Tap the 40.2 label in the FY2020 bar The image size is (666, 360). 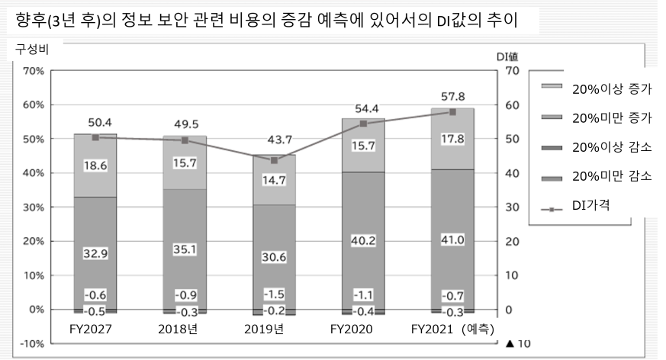coord(363,239)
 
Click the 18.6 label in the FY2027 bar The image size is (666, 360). coord(95,165)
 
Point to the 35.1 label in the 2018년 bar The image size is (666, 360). coord(184,249)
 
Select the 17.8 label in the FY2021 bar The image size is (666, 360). coord(452,138)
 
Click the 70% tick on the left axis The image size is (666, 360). coord(32,71)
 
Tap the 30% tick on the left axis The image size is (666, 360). coord(32,207)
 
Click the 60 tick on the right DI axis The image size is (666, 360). coord(512,105)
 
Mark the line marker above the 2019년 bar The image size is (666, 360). coord(273,160)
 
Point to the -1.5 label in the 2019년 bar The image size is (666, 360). coord(273,294)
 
